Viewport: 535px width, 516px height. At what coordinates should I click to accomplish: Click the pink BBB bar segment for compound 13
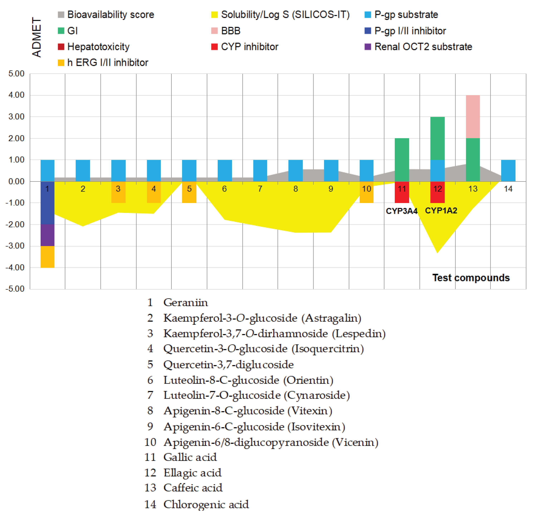[473, 117]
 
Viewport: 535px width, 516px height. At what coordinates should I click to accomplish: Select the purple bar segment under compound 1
[48, 235]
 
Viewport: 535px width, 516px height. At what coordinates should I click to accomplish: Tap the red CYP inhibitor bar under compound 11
[402, 192]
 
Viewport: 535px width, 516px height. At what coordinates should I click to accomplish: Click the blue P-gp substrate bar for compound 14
[508, 171]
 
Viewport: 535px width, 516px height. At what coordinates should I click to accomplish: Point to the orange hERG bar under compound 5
[189, 192]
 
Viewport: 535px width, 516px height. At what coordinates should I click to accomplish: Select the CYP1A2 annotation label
[441, 210]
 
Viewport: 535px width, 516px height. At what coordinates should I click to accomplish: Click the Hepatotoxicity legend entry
[94, 47]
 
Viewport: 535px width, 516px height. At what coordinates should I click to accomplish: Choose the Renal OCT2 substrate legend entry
[418, 47]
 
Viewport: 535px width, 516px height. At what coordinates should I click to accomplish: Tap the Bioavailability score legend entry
[106, 14]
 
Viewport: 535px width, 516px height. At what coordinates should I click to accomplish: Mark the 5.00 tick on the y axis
[16, 74]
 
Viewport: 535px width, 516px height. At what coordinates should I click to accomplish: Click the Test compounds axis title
[471, 278]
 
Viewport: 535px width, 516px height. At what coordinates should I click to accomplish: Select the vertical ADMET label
[36, 37]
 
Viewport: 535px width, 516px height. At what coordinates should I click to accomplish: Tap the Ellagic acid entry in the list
[192, 473]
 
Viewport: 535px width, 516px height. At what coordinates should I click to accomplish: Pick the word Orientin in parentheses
[308, 380]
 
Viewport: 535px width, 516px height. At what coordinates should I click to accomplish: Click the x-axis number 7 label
[260, 189]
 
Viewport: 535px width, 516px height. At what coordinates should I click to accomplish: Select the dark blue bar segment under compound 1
[48, 203]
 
